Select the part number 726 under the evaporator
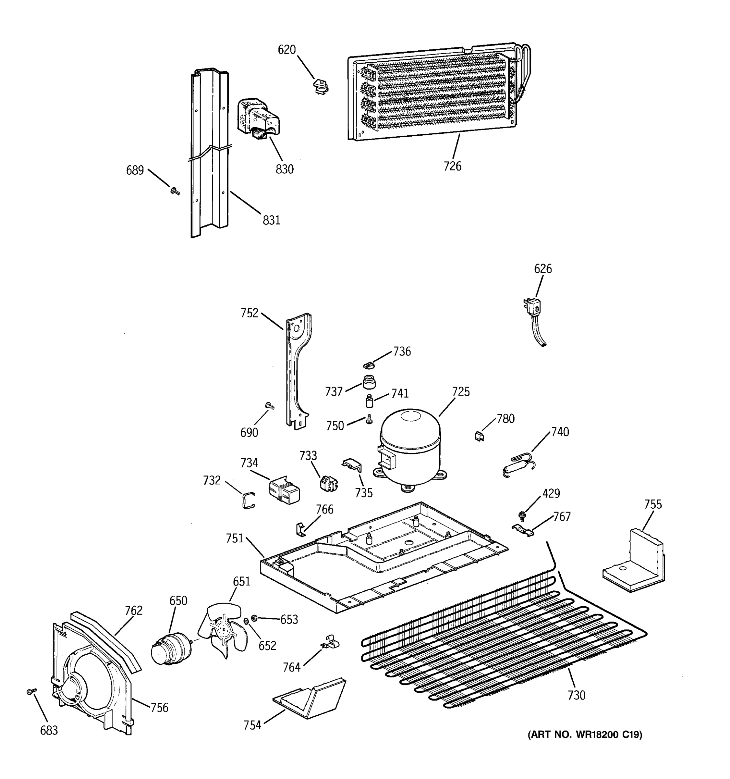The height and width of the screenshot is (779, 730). [452, 166]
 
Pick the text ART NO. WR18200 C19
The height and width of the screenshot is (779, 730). [585, 735]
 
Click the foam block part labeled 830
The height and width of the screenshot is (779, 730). [259, 117]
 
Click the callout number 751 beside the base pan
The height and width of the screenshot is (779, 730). [235, 538]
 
